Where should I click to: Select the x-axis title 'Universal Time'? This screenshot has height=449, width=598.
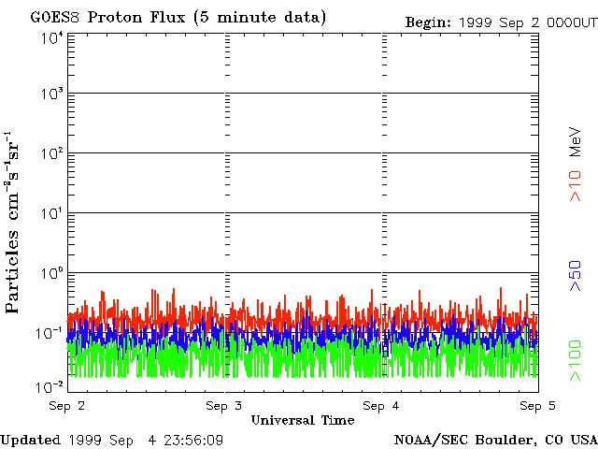point(302,420)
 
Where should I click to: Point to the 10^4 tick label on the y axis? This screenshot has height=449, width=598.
point(50,38)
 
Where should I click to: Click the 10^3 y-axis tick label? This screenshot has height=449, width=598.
point(50,94)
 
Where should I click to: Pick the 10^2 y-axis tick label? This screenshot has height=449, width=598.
point(50,153)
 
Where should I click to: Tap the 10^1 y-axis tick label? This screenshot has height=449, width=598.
point(50,214)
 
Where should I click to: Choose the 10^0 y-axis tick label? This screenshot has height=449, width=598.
point(50,274)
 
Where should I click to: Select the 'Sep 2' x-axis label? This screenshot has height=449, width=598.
point(67,406)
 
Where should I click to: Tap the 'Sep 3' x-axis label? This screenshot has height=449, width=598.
point(224,406)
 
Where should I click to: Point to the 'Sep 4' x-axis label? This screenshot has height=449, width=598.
point(381,406)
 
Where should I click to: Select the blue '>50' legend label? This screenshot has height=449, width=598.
point(577,277)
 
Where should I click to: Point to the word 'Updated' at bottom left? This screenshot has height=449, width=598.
point(31,440)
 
